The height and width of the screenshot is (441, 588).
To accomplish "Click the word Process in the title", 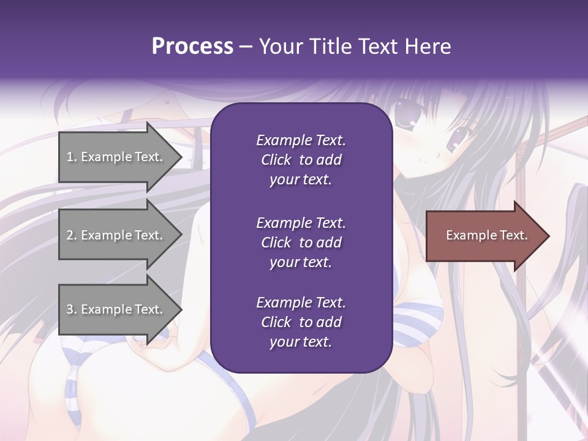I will pyautogui.click(x=192, y=47).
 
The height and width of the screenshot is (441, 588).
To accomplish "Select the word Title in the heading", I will pyautogui.click(x=331, y=47).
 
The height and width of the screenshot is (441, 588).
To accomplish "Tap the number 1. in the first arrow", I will pyautogui.click(x=72, y=157).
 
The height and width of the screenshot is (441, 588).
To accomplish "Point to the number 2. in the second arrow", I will pyautogui.click(x=72, y=235).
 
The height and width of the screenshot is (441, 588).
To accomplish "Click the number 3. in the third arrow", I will pyautogui.click(x=72, y=309).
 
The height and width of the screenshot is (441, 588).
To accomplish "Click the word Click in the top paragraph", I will pyautogui.click(x=276, y=160).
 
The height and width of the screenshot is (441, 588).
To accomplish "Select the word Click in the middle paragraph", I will pyautogui.click(x=276, y=243).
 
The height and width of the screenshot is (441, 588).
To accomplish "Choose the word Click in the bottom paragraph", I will pyautogui.click(x=276, y=322).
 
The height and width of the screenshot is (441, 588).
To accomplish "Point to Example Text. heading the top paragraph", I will pyautogui.click(x=301, y=140).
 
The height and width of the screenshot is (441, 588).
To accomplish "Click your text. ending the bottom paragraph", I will pyautogui.click(x=301, y=342).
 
